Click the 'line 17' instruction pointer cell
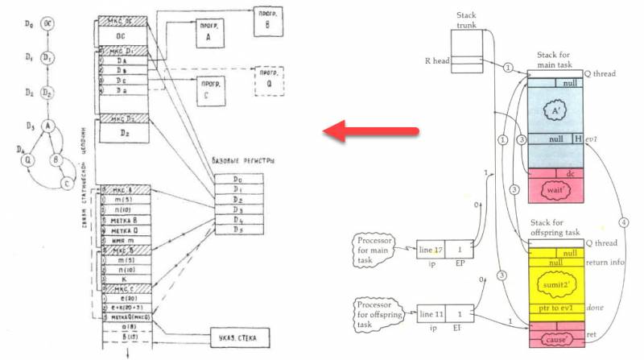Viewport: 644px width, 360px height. click(432, 250)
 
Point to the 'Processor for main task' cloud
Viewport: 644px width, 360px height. click(379, 248)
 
